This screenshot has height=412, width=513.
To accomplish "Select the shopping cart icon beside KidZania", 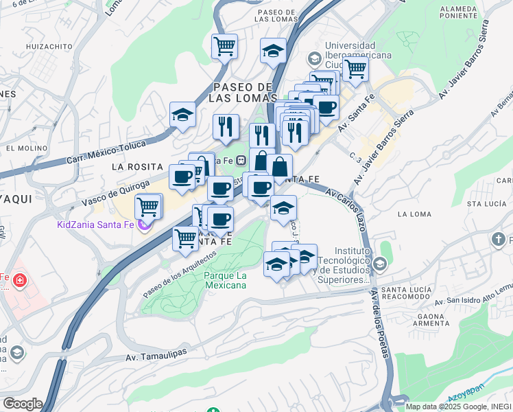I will tap(148, 205).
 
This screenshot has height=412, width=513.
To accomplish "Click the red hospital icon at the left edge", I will tap(19, 279).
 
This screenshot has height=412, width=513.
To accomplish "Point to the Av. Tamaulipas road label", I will tap(156, 357).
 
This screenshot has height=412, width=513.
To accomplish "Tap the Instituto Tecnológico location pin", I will tap(380, 264).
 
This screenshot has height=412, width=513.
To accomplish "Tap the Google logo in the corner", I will tap(22, 404).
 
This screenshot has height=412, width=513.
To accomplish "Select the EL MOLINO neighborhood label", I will tap(25, 148).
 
